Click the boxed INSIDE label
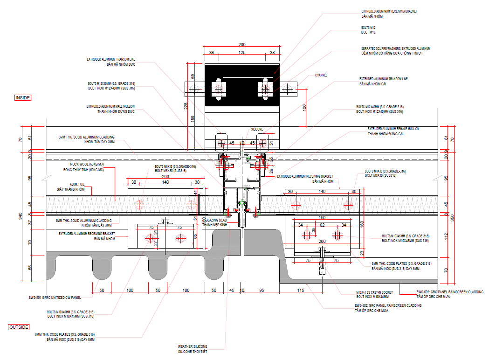click(x=23, y=98)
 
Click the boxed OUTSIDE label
click(x=19, y=327)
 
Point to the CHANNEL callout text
click(x=321, y=75)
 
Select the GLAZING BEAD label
click(x=215, y=220)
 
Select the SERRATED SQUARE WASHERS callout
click(x=395, y=48)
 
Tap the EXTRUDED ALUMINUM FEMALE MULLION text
click(x=393, y=129)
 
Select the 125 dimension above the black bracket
click(x=241, y=53)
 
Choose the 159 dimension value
click(x=192, y=118)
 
